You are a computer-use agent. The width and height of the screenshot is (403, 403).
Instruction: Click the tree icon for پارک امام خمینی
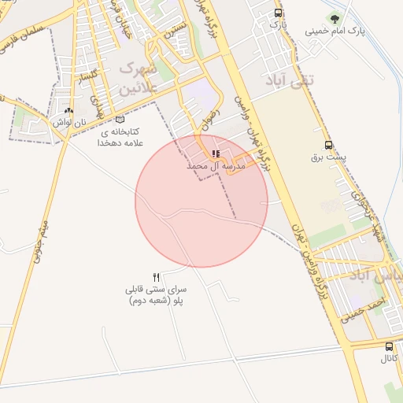pos(336,19)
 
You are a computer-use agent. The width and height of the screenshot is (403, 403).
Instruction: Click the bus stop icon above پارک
pos(278,13)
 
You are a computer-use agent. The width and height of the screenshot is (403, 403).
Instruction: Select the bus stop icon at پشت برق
pos(328,145)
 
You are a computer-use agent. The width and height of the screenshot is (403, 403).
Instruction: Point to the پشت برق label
pos(329,157)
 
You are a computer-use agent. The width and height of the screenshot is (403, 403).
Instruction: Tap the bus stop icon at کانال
pos(389,346)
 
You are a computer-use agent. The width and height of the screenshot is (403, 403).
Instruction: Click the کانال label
pos(389,359)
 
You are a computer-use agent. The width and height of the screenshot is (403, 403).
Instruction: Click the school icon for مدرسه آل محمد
pos(216,154)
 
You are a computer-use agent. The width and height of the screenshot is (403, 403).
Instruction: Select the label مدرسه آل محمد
pos(216,167)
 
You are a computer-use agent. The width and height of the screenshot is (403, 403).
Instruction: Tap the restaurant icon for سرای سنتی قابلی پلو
pos(156,277)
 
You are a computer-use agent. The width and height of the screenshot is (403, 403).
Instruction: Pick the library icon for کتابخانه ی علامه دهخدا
pos(120,118)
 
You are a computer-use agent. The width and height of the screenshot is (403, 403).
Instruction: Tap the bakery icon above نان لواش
pos(69,112)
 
